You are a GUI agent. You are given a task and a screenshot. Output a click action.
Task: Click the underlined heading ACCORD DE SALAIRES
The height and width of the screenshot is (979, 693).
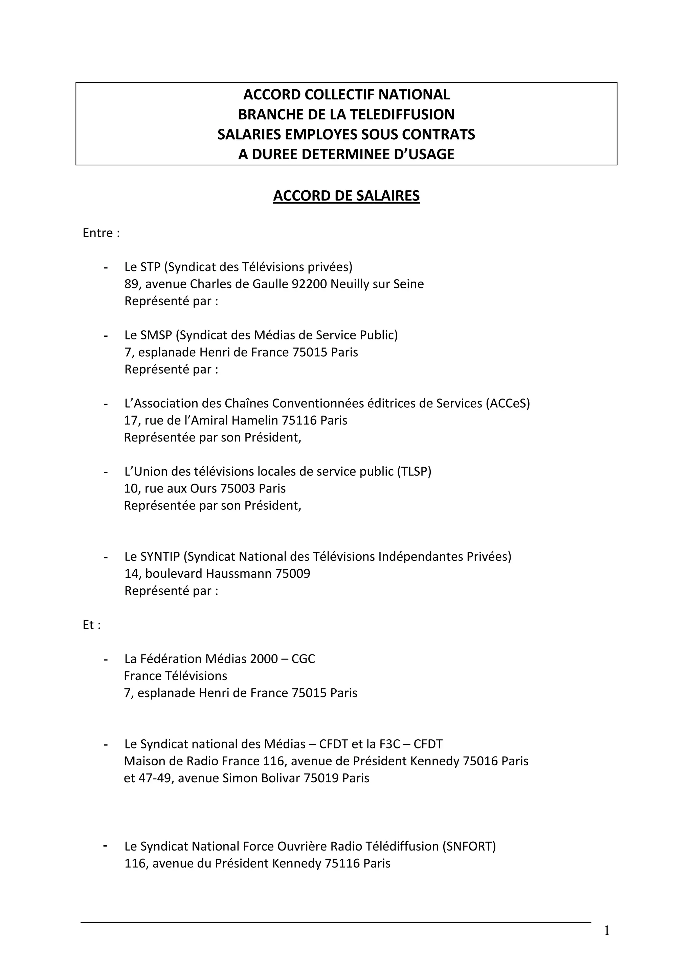(x=346, y=196)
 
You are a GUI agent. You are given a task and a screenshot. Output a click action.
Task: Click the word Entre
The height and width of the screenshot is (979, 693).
(x=98, y=233)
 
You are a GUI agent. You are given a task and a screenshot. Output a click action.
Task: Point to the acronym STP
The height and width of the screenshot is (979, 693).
(x=150, y=267)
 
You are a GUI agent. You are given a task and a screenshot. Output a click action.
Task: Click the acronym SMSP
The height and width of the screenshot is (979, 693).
(x=156, y=335)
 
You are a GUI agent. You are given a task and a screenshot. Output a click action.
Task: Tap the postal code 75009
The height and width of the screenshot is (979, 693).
(x=293, y=574)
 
